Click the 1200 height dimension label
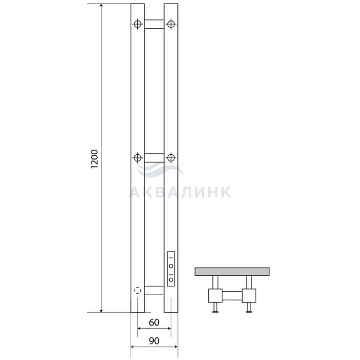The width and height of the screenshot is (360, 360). [x=94, y=159]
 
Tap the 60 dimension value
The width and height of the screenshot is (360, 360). [x=154, y=322]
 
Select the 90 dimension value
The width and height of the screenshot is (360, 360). [x=154, y=340]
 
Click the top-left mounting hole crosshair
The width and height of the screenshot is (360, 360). [x=137, y=24]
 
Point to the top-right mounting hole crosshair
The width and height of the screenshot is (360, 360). [x=171, y=24]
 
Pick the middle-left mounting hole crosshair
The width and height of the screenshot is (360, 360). [x=137, y=158]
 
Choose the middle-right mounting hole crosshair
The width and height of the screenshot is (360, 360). [x=171, y=158]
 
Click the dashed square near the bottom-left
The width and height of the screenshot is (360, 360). [x=137, y=291]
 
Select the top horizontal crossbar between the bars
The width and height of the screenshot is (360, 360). [x=154, y=24]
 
